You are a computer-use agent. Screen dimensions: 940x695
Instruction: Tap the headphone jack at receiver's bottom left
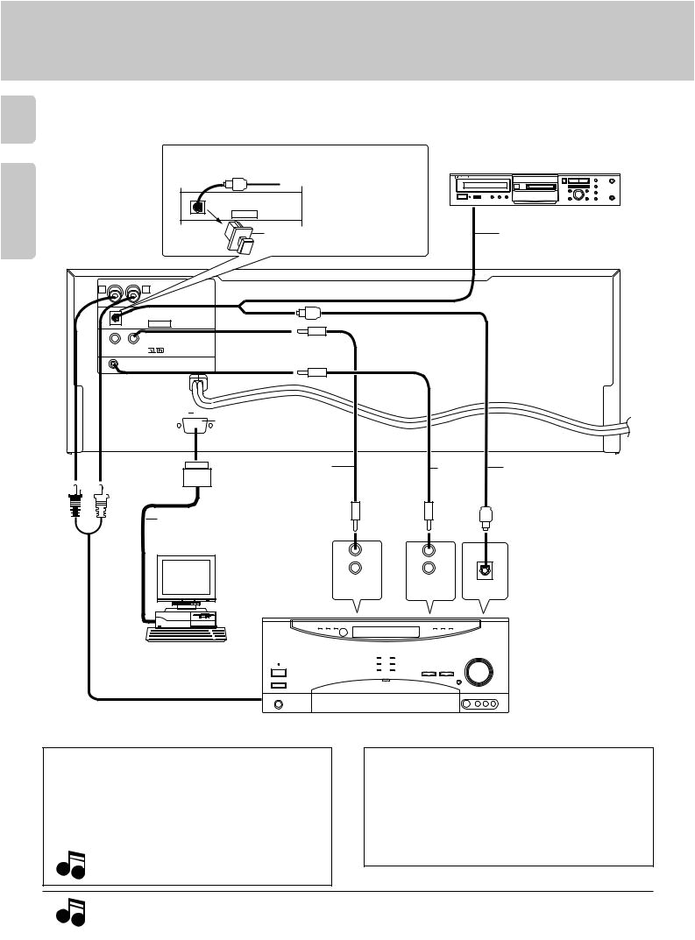click(x=280, y=703)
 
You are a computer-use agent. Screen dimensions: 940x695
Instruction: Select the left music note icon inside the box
click(x=69, y=868)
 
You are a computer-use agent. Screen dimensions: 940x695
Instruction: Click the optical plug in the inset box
click(x=232, y=185)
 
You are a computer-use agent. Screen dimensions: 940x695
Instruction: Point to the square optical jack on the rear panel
click(x=114, y=317)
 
